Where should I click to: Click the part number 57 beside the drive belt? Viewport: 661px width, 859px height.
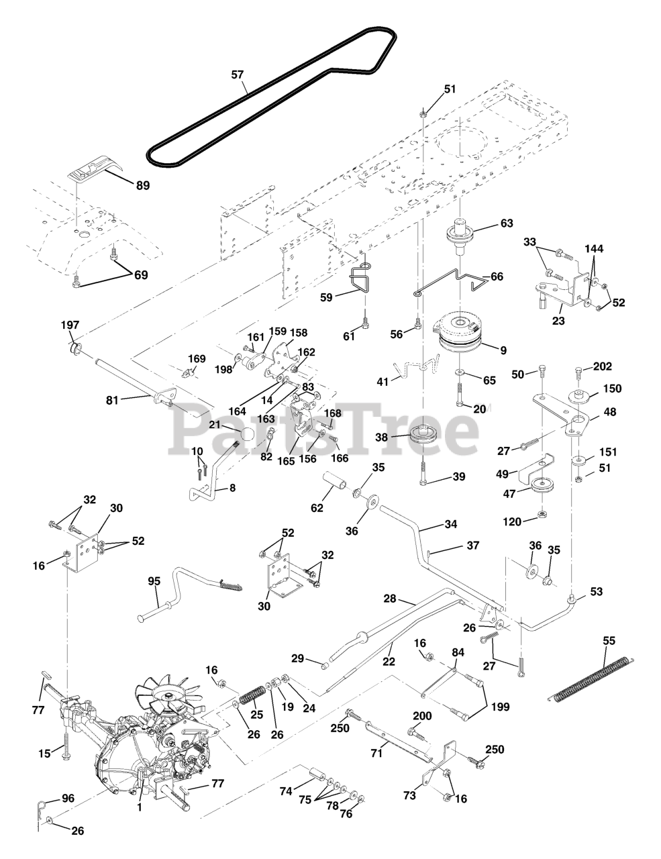click(x=238, y=75)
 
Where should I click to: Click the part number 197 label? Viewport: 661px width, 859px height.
click(x=70, y=325)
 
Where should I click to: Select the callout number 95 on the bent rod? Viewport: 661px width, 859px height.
click(x=154, y=581)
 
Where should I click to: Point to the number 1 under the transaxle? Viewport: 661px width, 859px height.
click(x=139, y=807)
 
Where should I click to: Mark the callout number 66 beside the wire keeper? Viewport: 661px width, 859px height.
click(x=497, y=276)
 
